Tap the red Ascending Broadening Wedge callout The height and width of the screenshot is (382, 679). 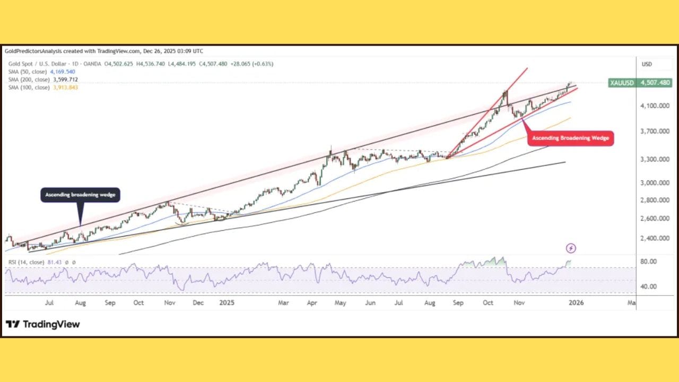click(x=571, y=138)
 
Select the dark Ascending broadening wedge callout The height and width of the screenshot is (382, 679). click(x=81, y=195)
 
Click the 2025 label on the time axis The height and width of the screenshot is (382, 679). click(x=227, y=303)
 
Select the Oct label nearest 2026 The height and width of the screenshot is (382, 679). click(x=488, y=303)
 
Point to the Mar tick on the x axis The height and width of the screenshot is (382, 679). click(x=284, y=303)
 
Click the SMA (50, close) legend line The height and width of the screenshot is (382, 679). click(x=41, y=72)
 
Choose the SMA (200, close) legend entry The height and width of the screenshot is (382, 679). click(x=42, y=80)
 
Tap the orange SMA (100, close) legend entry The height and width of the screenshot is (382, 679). click(x=42, y=88)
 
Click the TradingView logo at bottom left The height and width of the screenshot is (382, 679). click(x=43, y=324)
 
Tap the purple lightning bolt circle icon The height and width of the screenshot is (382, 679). click(x=571, y=248)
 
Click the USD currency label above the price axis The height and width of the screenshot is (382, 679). click(x=647, y=64)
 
